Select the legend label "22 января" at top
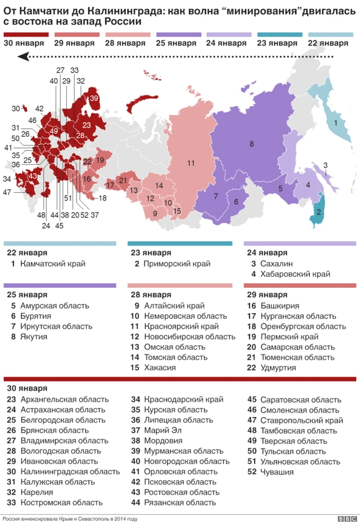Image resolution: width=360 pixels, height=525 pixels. coord(328,43)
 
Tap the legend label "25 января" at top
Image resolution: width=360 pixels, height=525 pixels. coord(175,43)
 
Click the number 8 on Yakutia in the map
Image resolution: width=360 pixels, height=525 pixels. coord(251,144)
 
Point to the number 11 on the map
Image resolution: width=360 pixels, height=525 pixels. coord(191,163)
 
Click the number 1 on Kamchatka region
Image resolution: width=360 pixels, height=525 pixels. coord(336,123)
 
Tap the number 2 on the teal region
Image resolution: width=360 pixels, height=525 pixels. coord(319,212)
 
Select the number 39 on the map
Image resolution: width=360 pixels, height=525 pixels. coord(94,98)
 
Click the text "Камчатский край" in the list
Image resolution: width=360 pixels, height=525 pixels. coord(52,263)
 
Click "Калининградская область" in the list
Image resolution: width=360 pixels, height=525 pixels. coord(63,471)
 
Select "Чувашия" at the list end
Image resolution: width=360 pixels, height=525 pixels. coord(277,471)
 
